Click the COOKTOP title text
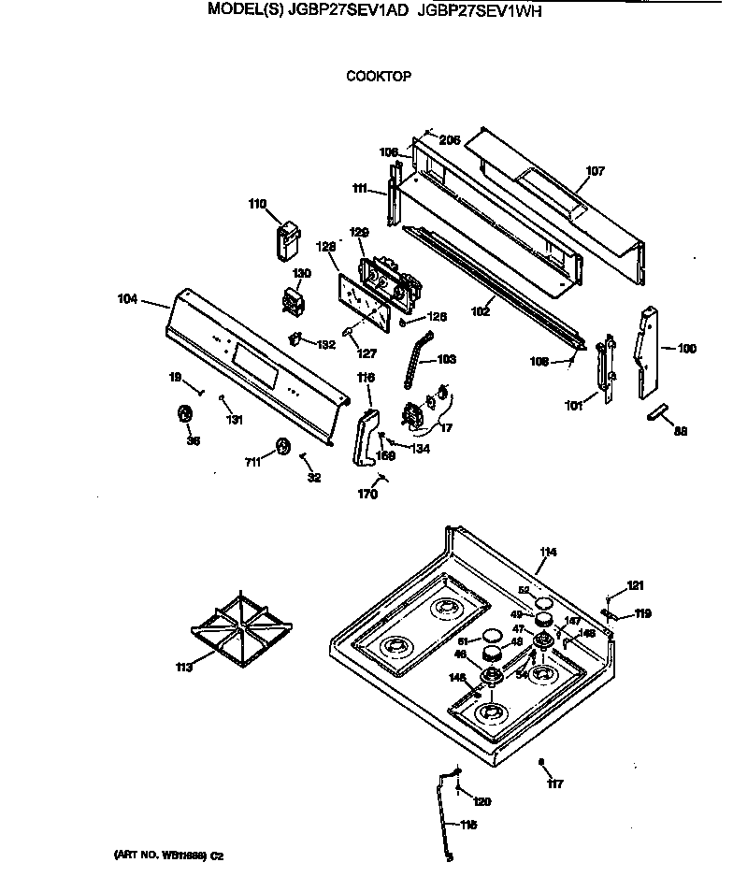pos(379,77)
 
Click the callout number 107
pos(595,171)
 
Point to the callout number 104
pos(128,299)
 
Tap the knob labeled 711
pos(286,448)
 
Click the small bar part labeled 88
pos(659,411)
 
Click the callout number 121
pos(635,586)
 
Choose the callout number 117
pos(555,784)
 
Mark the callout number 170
pos(367,495)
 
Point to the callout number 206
pos(450,140)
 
